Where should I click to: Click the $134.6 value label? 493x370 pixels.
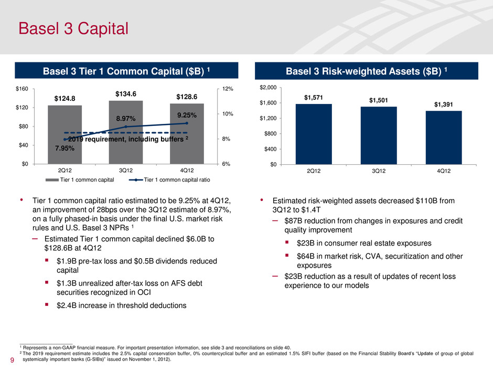point(126,94)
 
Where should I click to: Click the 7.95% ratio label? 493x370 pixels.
point(65,149)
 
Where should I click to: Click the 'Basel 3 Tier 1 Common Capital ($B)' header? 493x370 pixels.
point(126,70)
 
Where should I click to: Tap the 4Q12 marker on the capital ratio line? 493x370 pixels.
point(187,123)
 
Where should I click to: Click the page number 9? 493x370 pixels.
point(12,361)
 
